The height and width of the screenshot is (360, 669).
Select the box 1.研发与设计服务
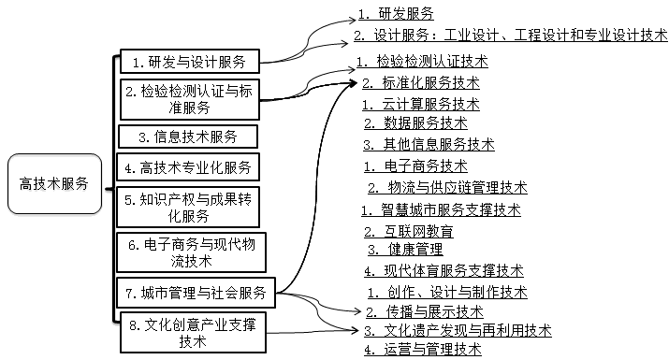189,63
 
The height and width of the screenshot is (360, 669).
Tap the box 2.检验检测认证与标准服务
189,100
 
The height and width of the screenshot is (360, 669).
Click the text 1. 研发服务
396,14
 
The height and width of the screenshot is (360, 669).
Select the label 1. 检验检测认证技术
422,62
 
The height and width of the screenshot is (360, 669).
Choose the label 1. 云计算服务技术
424,103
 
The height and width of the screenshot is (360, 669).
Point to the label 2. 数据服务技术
415,122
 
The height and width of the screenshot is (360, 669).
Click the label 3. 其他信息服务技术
429,144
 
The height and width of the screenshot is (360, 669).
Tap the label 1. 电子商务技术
415,166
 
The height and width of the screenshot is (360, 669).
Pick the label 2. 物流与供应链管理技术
446,187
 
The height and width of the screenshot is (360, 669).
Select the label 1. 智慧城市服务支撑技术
441,209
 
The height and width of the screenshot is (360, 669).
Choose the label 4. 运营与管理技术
422,350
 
